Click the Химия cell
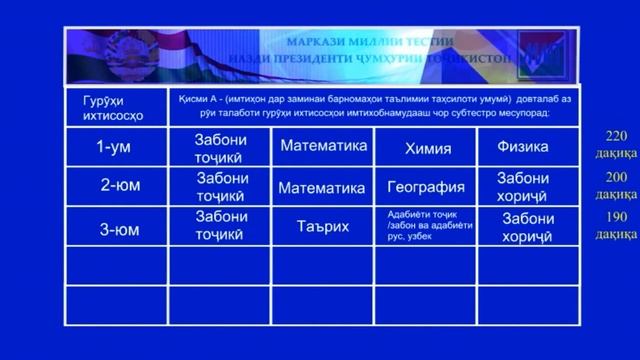click(427, 148)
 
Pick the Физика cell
click(522, 147)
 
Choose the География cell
click(426, 187)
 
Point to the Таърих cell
click(322, 226)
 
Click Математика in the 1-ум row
click(323, 146)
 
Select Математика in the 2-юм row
click(322, 187)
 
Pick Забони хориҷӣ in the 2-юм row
click(522, 186)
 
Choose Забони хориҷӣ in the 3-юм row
click(527, 226)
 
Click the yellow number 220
click(616, 136)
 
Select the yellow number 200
click(616, 175)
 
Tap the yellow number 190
click(616, 217)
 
